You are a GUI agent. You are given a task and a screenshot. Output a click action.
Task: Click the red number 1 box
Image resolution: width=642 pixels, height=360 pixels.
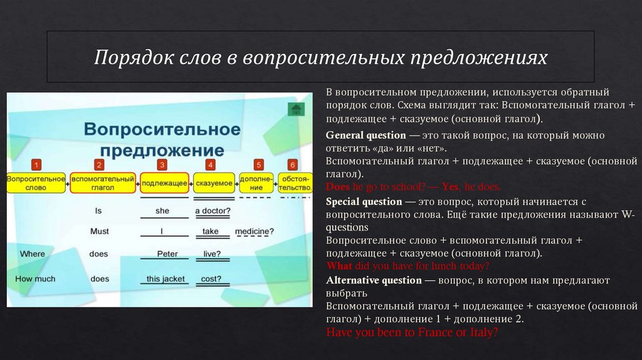[36, 165]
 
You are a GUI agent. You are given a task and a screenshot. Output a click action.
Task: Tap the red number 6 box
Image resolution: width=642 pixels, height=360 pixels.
[292, 165]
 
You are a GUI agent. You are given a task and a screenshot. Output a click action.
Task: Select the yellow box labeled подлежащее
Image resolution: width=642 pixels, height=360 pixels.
[164, 183]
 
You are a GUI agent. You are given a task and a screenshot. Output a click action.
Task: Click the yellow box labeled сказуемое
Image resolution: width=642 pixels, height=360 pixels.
[213, 183]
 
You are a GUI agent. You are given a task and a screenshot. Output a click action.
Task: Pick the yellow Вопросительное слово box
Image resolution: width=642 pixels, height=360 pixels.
[36, 183]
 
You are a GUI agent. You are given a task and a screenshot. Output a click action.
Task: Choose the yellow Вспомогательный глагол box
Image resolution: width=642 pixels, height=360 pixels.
[103, 183]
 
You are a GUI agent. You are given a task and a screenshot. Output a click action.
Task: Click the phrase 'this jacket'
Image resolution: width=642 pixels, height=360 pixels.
[166, 278]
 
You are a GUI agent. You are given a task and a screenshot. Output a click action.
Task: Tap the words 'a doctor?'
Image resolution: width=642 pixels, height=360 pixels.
[213, 211]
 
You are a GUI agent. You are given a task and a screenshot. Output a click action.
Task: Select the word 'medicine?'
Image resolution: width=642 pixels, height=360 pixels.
[255, 231]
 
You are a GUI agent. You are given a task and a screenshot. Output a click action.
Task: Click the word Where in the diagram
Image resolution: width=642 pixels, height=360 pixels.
[33, 254]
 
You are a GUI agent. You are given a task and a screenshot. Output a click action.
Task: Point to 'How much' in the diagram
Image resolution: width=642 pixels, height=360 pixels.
[35, 278]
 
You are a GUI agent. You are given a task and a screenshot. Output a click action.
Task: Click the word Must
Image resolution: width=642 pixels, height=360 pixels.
[100, 231]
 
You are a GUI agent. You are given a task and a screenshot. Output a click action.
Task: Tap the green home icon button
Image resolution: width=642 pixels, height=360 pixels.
[296, 110]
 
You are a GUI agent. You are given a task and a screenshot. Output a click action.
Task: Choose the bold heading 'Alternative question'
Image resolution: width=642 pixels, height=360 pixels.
[374, 280]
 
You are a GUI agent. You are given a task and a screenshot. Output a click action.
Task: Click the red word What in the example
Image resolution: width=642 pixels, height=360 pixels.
[339, 265]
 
